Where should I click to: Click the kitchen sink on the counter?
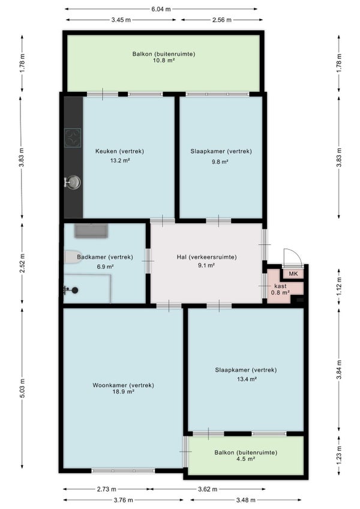(x=73, y=182)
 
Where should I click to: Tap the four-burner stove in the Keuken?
(x=73, y=137)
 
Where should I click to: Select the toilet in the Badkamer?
(x=73, y=257)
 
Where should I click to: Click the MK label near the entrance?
(x=293, y=274)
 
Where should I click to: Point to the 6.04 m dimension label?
(x=161, y=9)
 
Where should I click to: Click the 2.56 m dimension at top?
(x=222, y=20)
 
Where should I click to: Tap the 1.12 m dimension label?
(x=339, y=286)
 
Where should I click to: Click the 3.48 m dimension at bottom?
(x=245, y=500)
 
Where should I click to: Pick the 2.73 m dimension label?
(x=106, y=489)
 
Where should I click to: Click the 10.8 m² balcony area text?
(x=164, y=60)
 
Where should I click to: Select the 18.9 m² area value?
(x=124, y=391)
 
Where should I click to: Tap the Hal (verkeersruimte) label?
(x=207, y=257)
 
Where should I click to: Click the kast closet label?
(x=280, y=286)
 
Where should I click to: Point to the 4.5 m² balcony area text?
(x=246, y=459)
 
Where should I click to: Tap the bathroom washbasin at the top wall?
(x=91, y=230)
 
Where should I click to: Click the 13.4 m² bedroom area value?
(x=247, y=379)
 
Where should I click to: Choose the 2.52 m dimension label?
(x=22, y=263)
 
